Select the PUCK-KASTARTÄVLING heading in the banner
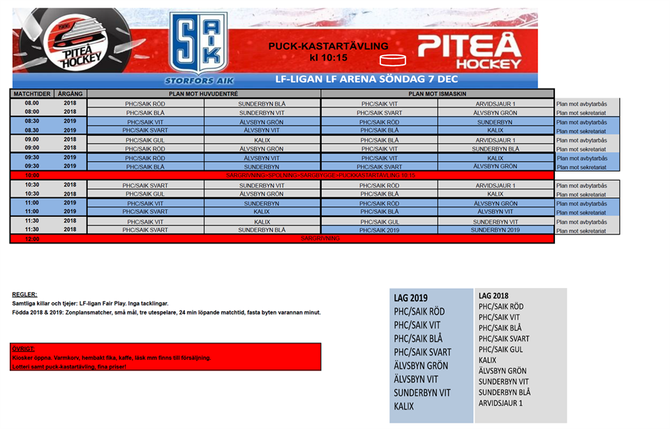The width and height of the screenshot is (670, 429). tap(328, 46)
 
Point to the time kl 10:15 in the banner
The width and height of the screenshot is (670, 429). tap(328, 58)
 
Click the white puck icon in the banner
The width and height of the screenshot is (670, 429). tap(396, 59)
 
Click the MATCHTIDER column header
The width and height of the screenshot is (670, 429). tap(32, 93)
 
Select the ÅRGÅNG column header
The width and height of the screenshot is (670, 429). tap(70, 93)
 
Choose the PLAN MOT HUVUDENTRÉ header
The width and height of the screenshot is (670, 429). tap(204, 93)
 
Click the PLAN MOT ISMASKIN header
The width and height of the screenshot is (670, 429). tap(437, 93)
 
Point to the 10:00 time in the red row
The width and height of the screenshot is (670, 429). tap(32, 175)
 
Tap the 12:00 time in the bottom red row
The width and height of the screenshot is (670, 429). tap(32, 239)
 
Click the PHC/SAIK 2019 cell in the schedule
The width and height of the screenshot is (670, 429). tap(379, 229)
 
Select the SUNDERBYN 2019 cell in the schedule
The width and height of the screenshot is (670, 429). tap(495, 229)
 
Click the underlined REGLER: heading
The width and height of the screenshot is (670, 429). tap(25, 294)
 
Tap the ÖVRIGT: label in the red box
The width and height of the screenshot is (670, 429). tap(25, 348)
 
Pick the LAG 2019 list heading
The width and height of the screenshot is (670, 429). tap(411, 298)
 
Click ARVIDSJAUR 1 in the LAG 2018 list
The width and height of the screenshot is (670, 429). tap(500, 403)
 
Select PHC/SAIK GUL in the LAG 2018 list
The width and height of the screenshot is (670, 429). tap(500, 349)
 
